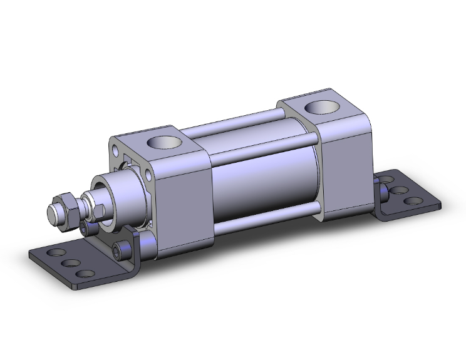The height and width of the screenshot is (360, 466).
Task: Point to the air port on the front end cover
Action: point(165,143)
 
